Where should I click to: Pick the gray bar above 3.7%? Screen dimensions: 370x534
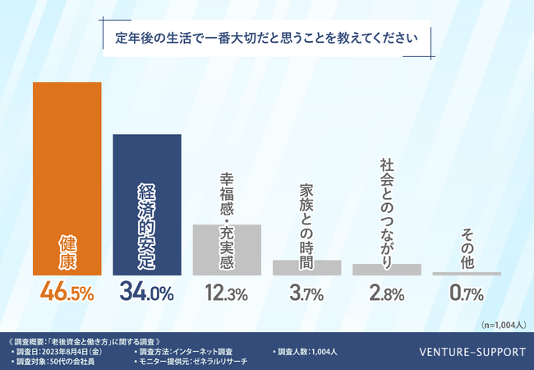(306, 267)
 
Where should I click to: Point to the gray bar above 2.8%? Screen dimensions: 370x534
(386, 269)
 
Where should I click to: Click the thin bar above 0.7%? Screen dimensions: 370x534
(467, 273)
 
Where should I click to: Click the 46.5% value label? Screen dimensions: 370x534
(67, 292)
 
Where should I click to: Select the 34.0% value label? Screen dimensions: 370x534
(146, 292)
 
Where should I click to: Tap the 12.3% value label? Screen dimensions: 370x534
(227, 293)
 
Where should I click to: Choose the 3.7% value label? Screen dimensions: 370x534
(306, 293)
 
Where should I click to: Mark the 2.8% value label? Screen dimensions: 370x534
(386, 293)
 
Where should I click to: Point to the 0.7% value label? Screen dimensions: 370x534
(467, 293)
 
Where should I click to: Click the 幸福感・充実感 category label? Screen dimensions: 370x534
(227, 197)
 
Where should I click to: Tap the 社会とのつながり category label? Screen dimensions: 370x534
(386, 209)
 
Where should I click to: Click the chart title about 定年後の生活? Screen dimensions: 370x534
(268, 38)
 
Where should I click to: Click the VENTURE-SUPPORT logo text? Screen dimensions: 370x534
(472, 352)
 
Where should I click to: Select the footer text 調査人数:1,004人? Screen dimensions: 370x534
(303, 352)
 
